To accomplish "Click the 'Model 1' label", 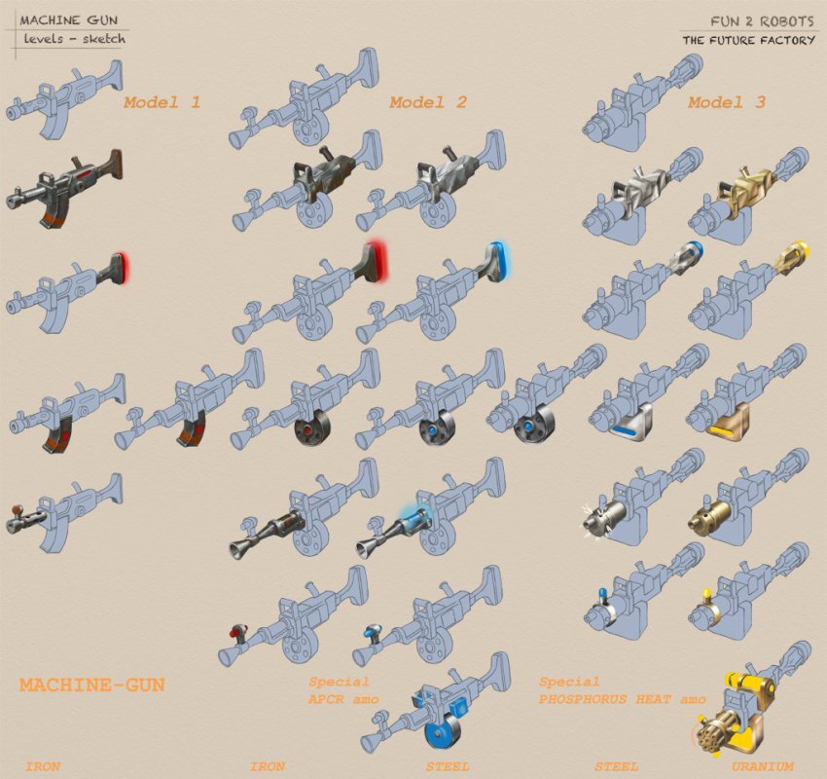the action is (x=162, y=102).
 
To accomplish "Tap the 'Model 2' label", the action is (x=428, y=102).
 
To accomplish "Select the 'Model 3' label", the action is (x=726, y=102).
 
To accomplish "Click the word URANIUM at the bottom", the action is (x=762, y=766).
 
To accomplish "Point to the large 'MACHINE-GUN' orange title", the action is (x=92, y=686).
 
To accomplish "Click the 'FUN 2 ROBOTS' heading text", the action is (x=762, y=21).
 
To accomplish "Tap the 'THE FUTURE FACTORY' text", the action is (x=748, y=40).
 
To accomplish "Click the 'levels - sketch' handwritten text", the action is (x=74, y=39).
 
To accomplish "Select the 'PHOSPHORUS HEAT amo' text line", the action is (x=622, y=699).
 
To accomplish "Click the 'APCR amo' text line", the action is (x=343, y=699).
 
